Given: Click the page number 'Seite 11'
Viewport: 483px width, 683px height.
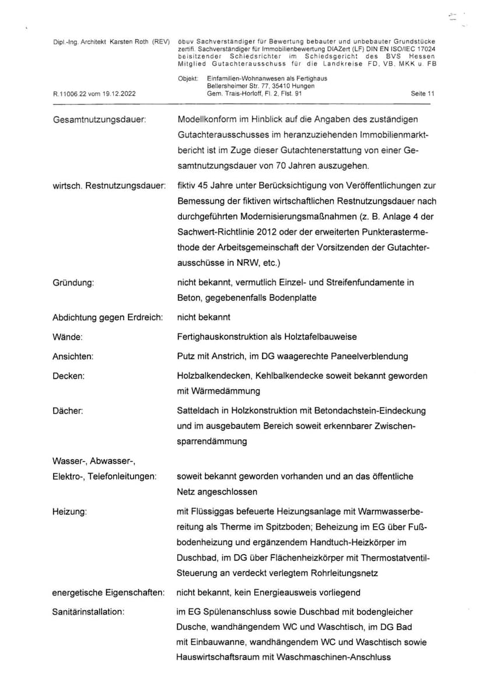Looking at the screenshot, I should click(423, 93).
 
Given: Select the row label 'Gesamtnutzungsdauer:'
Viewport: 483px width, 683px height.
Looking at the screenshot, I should click(99, 120).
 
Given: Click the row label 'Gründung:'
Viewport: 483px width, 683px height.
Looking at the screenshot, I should click(73, 282).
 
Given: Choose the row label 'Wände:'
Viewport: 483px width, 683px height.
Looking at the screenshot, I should click(67, 337).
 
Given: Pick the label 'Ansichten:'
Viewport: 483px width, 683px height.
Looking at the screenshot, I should click(73, 356).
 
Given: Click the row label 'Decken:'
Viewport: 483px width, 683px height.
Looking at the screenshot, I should click(68, 376).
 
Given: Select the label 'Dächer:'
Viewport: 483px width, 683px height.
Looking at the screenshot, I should click(68, 411).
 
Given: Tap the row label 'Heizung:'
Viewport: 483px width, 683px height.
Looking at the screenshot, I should click(69, 512).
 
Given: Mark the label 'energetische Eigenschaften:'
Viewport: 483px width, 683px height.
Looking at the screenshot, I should click(107, 593).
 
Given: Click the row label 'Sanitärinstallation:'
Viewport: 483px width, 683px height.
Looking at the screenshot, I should click(89, 612).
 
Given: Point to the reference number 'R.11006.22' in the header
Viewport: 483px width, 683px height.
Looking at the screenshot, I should click(69, 93).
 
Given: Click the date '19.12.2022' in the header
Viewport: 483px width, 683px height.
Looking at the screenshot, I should click(119, 93).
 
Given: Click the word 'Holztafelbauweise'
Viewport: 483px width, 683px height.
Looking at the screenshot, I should click(323, 337).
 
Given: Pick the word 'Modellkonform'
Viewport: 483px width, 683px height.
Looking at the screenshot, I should click(206, 120).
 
